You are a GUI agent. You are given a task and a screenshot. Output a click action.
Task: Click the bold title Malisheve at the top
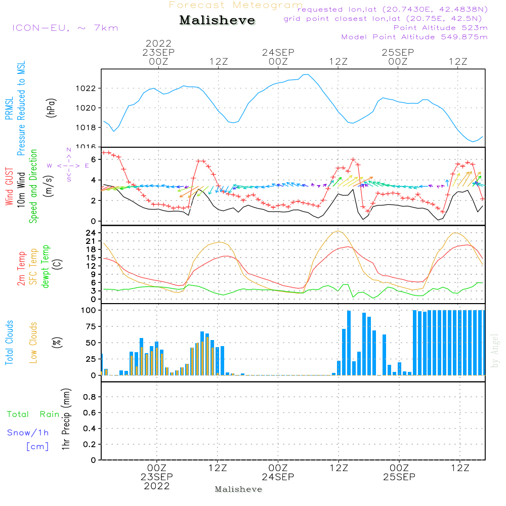coord(217,20)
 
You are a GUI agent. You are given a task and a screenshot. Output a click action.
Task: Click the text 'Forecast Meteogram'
coord(236,5)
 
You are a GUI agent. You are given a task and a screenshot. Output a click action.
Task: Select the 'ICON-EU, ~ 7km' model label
coord(65,27)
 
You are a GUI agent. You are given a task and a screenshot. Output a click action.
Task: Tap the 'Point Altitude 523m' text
coord(440,28)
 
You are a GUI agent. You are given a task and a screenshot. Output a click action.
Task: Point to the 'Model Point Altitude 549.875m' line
coord(414,37)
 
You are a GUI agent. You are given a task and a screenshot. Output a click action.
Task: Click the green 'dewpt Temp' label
coord(46,267)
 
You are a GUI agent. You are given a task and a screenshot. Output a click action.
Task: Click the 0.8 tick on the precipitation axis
coord(89,397)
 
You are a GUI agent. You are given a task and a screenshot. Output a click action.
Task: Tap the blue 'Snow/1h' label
coord(28,433)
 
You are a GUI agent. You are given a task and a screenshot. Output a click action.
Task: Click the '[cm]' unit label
coord(37,446)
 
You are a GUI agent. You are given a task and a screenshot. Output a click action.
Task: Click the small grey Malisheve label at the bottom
coord(238,489)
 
